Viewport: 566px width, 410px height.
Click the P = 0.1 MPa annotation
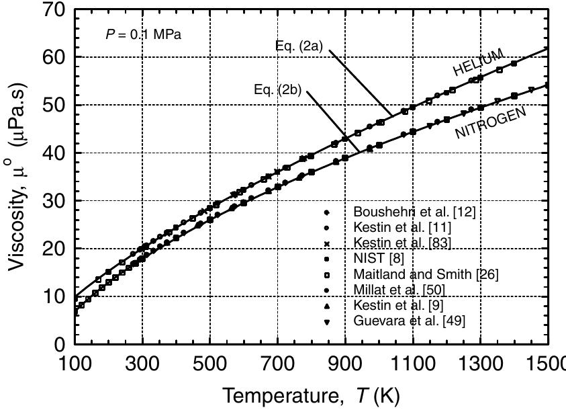tap(143, 35)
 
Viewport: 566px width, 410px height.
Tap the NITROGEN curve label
tap(490, 122)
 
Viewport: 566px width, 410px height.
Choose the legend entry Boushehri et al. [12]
tap(414, 212)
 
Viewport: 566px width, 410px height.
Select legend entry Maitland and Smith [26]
tap(426, 274)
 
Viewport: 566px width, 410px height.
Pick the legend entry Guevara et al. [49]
tap(408, 321)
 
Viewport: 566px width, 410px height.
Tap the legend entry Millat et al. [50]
tap(399, 290)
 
